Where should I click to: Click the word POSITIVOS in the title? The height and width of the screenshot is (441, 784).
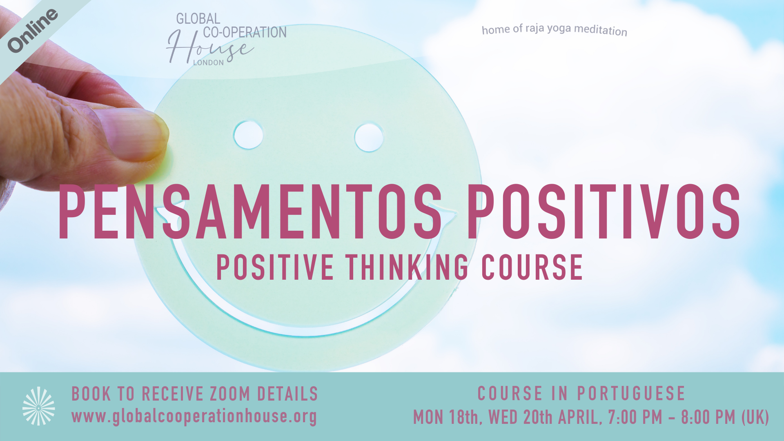coord(604,212)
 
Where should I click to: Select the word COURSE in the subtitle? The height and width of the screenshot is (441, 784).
coord(532,267)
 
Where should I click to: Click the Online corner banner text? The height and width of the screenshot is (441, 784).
coord(33,31)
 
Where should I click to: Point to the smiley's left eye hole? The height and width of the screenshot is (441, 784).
coord(248,135)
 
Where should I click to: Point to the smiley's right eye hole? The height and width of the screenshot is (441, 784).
coord(369,138)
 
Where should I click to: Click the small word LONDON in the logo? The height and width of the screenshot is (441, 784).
coord(208,63)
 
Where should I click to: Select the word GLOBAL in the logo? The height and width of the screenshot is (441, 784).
coord(198,19)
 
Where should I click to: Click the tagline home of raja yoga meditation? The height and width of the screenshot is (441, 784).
coord(555,29)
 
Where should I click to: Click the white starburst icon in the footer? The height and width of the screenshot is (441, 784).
coord(39,406)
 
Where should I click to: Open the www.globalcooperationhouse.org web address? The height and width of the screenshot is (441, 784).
coord(194,417)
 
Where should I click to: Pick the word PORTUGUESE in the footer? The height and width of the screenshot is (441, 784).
coord(631,394)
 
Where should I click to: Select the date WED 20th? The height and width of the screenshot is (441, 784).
coord(521,417)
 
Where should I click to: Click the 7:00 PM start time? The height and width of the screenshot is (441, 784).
coord(635,417)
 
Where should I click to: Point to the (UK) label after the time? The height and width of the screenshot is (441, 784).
coord(755,417)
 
